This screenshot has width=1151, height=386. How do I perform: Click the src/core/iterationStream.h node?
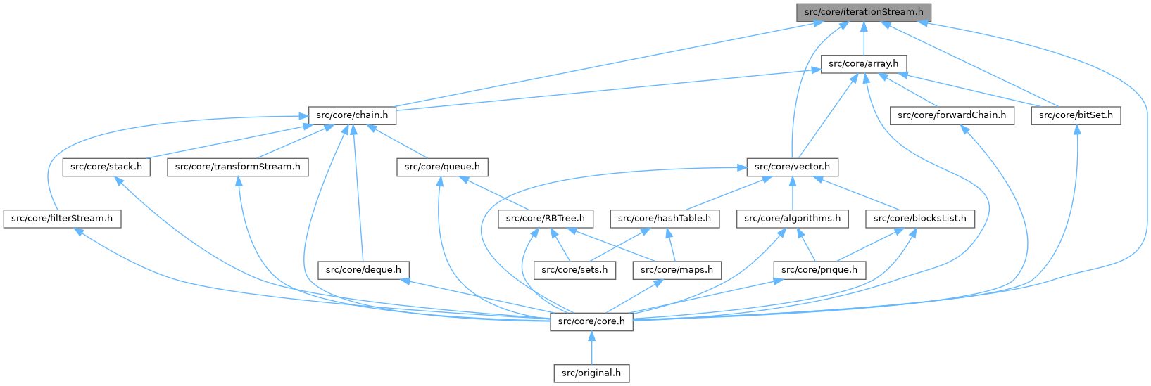(x=864, y=12)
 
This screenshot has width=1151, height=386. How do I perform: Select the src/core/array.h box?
(x=864, y=63)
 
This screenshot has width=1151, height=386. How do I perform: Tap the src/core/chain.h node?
(x=352, y=115)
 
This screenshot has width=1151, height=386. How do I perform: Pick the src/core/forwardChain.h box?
(x=952, y=115)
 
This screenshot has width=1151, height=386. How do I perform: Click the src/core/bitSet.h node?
(x=1076, y=115)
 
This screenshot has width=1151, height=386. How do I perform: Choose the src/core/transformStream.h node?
(x=237, y=167)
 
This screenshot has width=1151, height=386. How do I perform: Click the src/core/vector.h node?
(x=792, y=167)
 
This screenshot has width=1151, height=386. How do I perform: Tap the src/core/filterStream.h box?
(x=61, y=219)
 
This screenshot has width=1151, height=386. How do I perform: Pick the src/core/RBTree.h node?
(x=546, y=219)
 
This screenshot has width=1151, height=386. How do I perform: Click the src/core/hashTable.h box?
(x=665, y=219)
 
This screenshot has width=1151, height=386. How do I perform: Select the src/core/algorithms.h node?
(x=793, y=219)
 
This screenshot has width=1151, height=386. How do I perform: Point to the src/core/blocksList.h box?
(x=920, y=219)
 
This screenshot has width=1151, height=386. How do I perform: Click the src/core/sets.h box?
(x=574, y=270)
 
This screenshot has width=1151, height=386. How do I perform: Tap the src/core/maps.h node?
(x=677, y=270)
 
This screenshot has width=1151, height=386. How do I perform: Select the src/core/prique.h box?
(x=819, y=270)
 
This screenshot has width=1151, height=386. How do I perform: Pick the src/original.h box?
(x=591, y=373)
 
